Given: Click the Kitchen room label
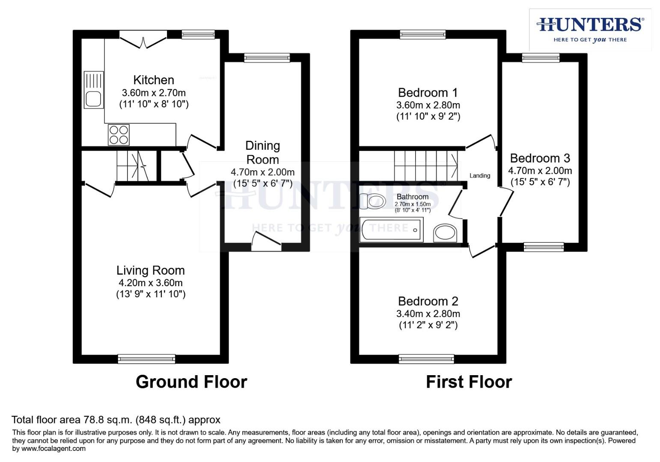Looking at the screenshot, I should [x=153, y=80].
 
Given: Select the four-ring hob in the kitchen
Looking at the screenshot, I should [x=119, y=134].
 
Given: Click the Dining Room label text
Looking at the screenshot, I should [x=262, y=152].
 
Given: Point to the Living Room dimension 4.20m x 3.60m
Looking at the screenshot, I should [x=150, y=283].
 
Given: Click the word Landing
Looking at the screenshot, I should [x=479, y=175].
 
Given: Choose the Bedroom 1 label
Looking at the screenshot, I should [x=428, y=92].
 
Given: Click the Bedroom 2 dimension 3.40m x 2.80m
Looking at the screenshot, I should [x=428, y=314].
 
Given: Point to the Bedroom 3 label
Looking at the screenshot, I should [x=540, y=158].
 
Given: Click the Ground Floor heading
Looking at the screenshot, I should [x=191, y=382].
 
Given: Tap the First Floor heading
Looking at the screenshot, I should [x=469, y=382].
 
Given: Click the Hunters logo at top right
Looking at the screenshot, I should [x=590, y=29].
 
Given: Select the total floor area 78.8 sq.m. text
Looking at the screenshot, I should [x=116, y=420].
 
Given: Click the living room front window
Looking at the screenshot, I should [x=146, y=359].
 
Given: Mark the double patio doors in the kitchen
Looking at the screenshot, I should [x=143, y=39].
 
